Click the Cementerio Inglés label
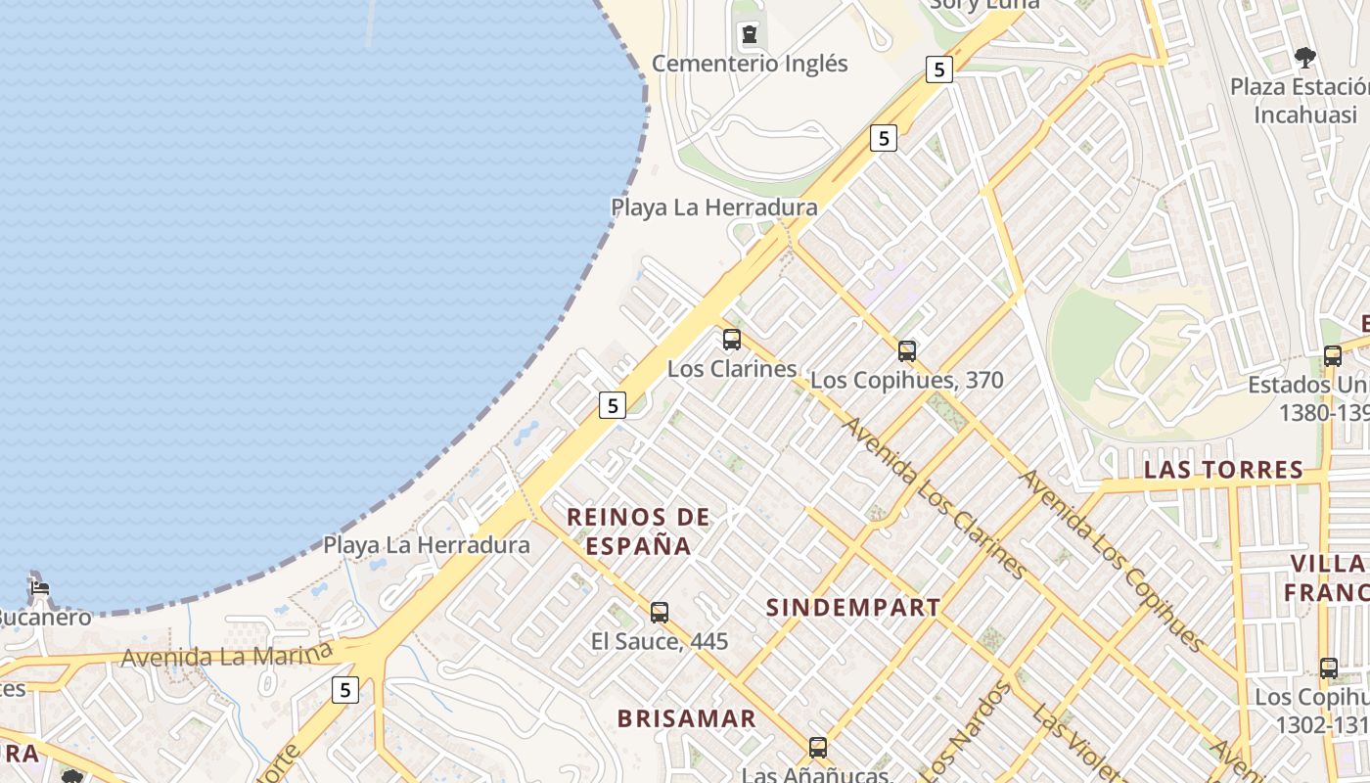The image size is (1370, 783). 750,64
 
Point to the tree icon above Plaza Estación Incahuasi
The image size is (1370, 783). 1304,58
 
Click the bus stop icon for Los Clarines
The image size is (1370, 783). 732,340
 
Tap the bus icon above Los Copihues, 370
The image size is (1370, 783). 907,350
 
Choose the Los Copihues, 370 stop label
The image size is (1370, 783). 907,380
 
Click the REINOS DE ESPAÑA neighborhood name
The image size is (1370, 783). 639,530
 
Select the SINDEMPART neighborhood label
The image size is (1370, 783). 853,608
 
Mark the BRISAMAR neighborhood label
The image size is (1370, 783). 687,718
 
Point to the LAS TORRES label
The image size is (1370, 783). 1223,471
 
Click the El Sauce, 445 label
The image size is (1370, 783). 660,641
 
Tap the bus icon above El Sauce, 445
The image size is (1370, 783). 660,613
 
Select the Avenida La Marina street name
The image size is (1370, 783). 227,655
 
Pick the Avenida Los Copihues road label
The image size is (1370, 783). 1112,560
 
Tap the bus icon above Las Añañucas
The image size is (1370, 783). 818,748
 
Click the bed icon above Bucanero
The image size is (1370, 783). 39,588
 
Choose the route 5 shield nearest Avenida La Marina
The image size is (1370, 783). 344,690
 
